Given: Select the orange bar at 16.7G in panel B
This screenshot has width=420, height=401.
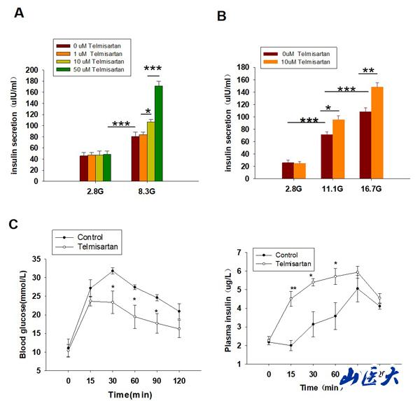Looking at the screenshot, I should coord(377,133).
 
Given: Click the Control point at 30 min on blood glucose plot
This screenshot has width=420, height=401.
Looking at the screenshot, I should coord(112,271).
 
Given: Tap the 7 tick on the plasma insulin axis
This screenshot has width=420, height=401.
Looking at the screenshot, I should coord(244,252).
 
